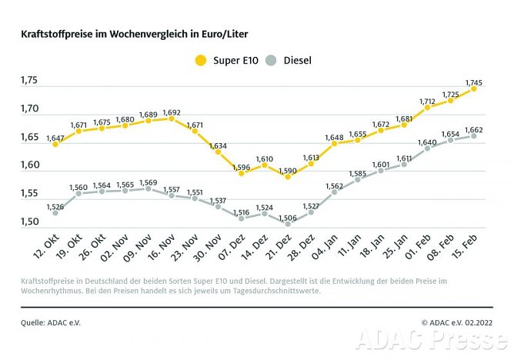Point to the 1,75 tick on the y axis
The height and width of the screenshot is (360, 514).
[x=28, y=80]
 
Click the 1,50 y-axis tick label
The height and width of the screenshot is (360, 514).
[x=28, y=222]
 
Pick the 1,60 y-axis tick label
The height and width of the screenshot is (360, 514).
[x=28, y=165]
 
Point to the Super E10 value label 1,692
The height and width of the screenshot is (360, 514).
[x=172, y=112]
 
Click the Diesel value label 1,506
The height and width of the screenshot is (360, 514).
[x=287, y=217]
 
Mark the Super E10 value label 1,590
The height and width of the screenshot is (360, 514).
[x=287, y=168]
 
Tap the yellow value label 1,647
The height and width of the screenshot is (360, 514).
[x=55, y=138]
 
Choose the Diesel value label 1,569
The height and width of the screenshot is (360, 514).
[x=148, y=182]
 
